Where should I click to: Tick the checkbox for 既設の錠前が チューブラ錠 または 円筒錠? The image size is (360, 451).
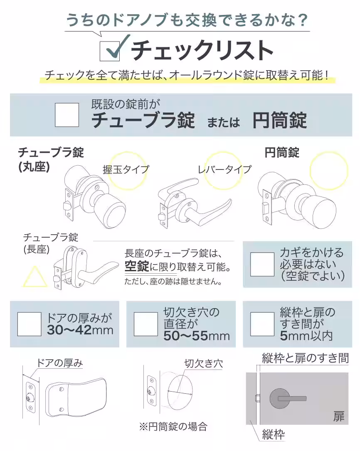[x=67, y=115]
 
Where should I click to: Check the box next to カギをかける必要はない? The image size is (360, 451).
[x=262, y=265]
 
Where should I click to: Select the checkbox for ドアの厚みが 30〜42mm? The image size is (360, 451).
[x=30, y=324]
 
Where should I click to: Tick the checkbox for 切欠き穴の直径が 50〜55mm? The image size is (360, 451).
[x=145, y=324]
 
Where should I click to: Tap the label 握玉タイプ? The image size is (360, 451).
[x=126, y=169]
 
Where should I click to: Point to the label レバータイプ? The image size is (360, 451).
[x=224, y=169]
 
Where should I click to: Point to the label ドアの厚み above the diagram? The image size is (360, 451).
[x=59, y=363]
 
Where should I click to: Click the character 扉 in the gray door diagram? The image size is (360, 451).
[x=339, y=417]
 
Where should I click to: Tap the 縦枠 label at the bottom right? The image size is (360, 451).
[x=273, y=435]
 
